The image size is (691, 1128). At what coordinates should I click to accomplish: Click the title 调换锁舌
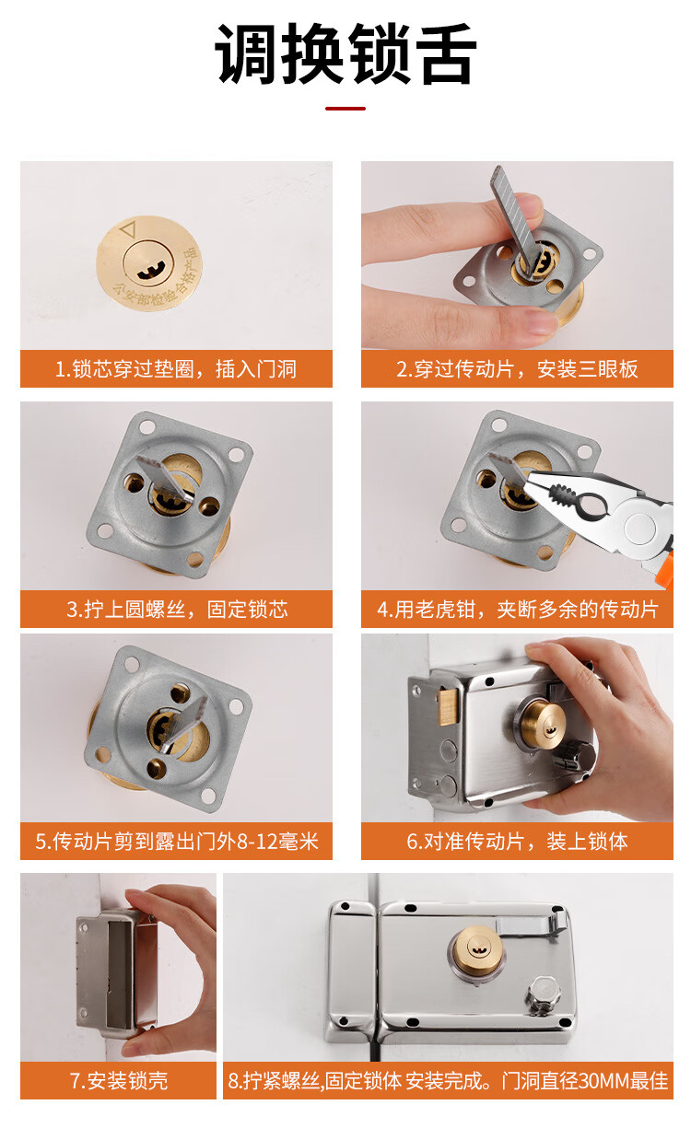[x=345, y=54]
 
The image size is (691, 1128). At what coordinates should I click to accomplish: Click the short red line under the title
[x=345, y=109]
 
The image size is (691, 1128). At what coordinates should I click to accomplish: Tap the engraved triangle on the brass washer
[x=128, y=228]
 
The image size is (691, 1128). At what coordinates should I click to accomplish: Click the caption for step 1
[x=176, y=368]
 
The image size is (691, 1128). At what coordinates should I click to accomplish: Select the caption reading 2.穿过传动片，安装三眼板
[x=517, y=368]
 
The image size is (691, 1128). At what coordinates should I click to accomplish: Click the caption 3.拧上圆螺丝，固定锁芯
[x=177, y=609]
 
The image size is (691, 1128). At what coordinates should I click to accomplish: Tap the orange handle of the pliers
[x=669, y=568]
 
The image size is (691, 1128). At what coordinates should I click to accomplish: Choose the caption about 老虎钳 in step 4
[x=518, y=609]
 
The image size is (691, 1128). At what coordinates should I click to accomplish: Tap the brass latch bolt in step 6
[x=447, y=706]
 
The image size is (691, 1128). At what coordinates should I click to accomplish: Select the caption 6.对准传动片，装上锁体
[x=517, y=841]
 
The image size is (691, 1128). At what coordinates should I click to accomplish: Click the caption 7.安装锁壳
[x=119, y=1081]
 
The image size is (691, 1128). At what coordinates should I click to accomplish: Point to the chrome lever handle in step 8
[x=531, y=922]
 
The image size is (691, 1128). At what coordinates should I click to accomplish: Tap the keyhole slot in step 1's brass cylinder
[x=148, y=273]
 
